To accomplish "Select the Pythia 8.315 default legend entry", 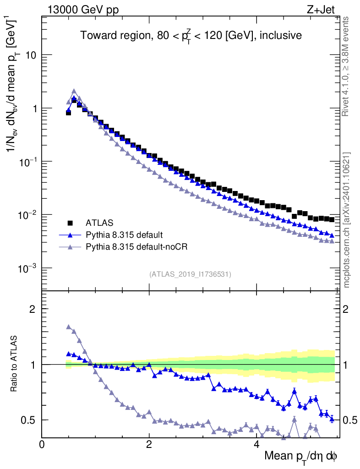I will point(124,235).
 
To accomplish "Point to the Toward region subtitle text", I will point(191,36).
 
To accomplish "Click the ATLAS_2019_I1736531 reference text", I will point(190,274).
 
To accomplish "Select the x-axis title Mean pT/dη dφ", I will point(300,456).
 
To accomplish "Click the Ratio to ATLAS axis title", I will point(15,365).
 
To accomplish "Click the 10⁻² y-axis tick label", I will point(27,214).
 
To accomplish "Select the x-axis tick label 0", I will point(42,444).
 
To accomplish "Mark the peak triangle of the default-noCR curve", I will point(74,91).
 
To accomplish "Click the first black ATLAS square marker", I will point(69,112).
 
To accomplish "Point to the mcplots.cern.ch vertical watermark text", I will point(347,220).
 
